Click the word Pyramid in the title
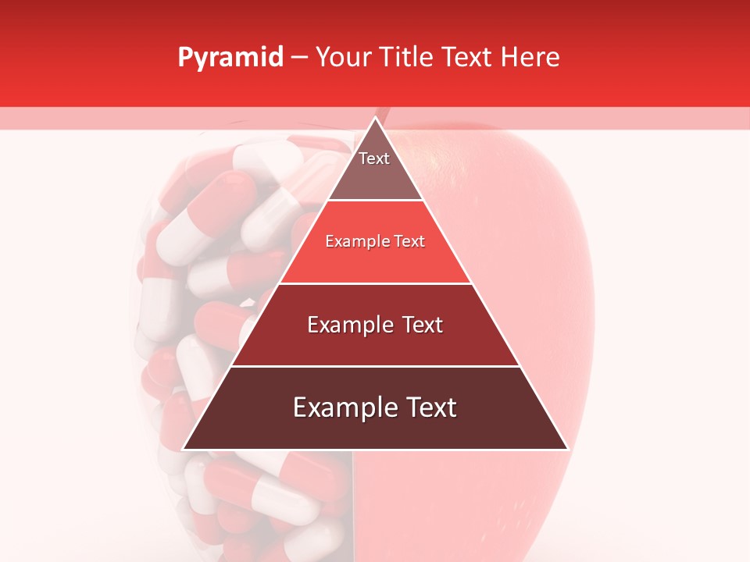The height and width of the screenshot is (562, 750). [230, 58]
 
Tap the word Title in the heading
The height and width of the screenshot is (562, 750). [411, 58]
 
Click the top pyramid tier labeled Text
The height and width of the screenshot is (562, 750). [374, 168]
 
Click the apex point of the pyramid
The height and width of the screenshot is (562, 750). [375, 118]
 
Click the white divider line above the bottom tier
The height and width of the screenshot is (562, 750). [375, 366]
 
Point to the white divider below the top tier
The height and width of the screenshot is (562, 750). [375, 201]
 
